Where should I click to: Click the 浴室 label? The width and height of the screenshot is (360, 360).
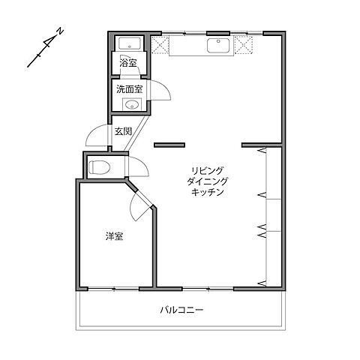[128, 64]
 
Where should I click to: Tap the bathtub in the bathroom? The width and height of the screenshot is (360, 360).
[129, 43]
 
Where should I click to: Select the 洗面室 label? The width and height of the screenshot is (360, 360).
[128, 88]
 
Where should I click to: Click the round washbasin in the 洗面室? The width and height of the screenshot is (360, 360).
[132, 105]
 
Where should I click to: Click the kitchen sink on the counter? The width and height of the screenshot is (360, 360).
[219, 45]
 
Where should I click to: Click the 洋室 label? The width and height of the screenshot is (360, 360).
[114, 236]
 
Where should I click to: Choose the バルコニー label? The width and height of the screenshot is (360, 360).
[181, 309]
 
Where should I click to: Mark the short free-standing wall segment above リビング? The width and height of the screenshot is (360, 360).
[169, 144]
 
